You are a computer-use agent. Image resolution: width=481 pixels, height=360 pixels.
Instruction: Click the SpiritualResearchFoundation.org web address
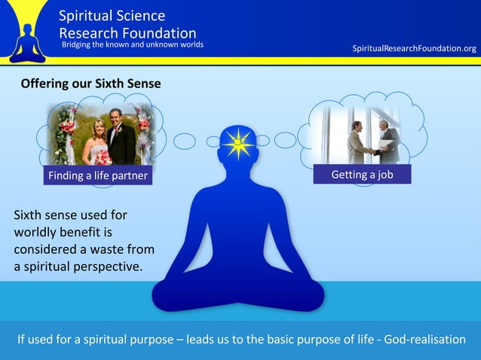coord(415,49)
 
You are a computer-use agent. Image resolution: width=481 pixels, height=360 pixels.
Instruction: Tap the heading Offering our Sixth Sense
coord(90,84)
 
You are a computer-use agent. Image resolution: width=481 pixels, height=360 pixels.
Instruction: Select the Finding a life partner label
coord(98,176)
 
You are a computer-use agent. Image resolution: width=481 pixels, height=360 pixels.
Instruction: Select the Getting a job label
coord(362,175)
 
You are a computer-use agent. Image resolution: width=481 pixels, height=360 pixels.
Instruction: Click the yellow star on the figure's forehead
coord(238,142)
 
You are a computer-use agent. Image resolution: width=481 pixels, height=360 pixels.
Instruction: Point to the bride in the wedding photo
coord(98,139)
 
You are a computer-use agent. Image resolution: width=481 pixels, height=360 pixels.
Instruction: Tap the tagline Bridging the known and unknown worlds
coord(132,44)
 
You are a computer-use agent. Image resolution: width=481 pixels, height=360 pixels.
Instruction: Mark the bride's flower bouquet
coord(102,157)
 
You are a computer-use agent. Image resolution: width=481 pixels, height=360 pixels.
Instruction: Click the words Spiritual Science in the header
coord(112,16)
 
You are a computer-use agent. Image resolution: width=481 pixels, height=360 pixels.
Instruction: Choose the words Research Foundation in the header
coord(127,32)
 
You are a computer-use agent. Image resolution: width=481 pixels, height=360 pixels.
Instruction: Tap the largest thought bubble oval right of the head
coord(286,140)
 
